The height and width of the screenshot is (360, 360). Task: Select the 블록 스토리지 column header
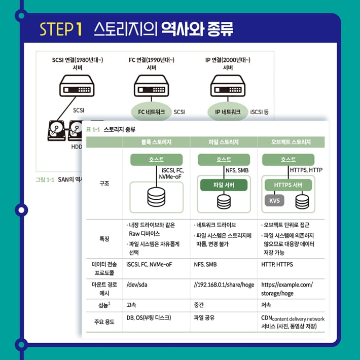[x=156, y=142]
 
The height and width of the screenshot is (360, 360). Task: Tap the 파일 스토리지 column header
[x=224, y=142]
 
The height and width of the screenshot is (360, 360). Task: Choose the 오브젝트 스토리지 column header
[x=291, y=142]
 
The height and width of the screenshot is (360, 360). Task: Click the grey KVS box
[x=274, y=200]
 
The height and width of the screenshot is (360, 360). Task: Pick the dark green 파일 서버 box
[x=224, y=185]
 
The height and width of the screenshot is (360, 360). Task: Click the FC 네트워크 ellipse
[x=151, y=112]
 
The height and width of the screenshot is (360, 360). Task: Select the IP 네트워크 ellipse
[x=228, y=112]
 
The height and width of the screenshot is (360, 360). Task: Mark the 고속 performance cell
[x=131, y=305]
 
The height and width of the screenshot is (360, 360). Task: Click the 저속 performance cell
[x=266, y=305]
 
